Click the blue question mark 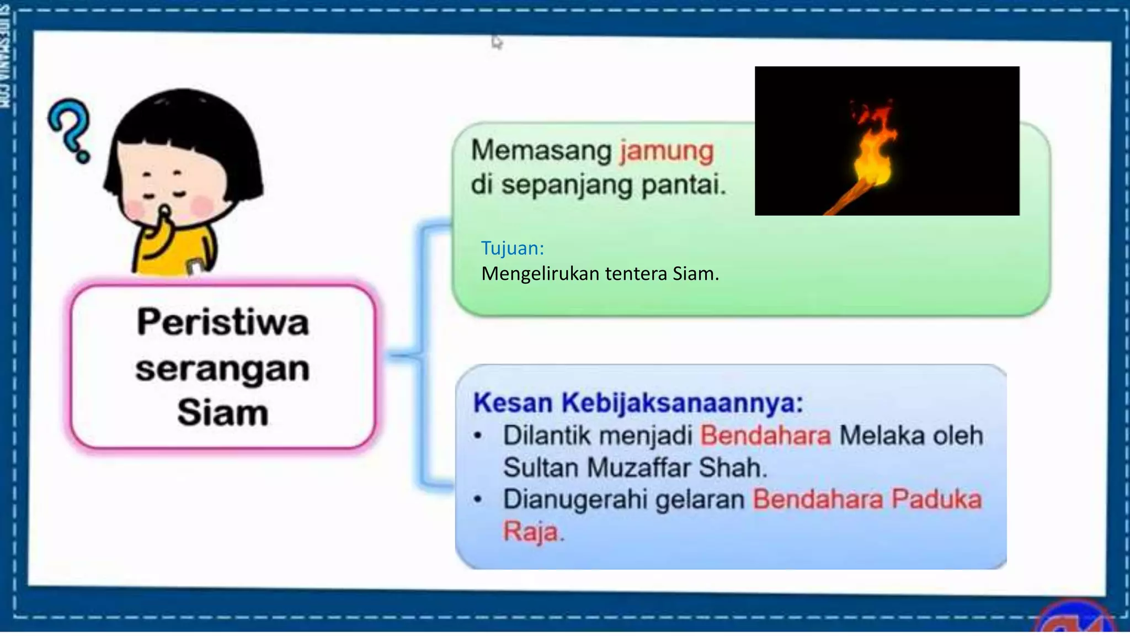71,130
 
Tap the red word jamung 667,151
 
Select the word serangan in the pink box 222,368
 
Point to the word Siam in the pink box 222,412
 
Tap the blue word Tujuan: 512,248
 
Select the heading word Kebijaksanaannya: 682,402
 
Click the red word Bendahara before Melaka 765,436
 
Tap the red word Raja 530,531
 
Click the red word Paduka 937,499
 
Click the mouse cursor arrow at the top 497,41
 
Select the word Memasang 541,151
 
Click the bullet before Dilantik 478,436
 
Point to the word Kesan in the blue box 513,402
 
